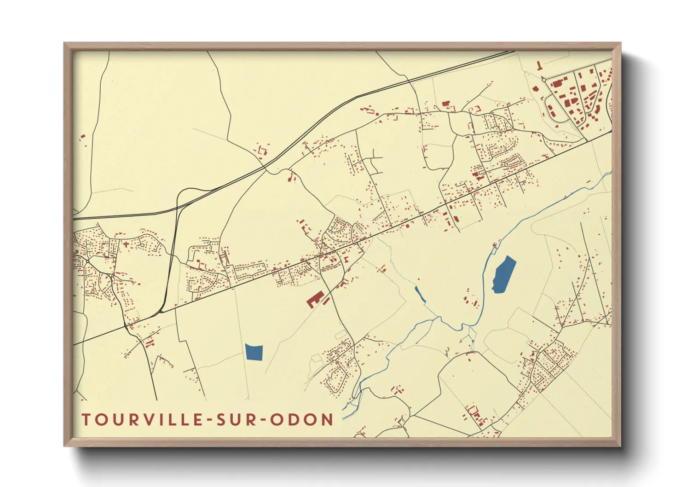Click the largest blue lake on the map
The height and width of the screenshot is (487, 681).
(x=504, y=275)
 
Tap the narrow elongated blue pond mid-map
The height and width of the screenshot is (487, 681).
(x=420, y=295)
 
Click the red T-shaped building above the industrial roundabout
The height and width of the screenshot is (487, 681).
(x=538, y=66)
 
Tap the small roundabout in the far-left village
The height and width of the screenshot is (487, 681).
(x=87, y=261)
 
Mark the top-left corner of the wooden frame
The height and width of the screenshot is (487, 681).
(x=64, y=43)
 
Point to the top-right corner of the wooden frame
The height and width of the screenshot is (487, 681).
(x=620, y=43)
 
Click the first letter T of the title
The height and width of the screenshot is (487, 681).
(x=86, y=420)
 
